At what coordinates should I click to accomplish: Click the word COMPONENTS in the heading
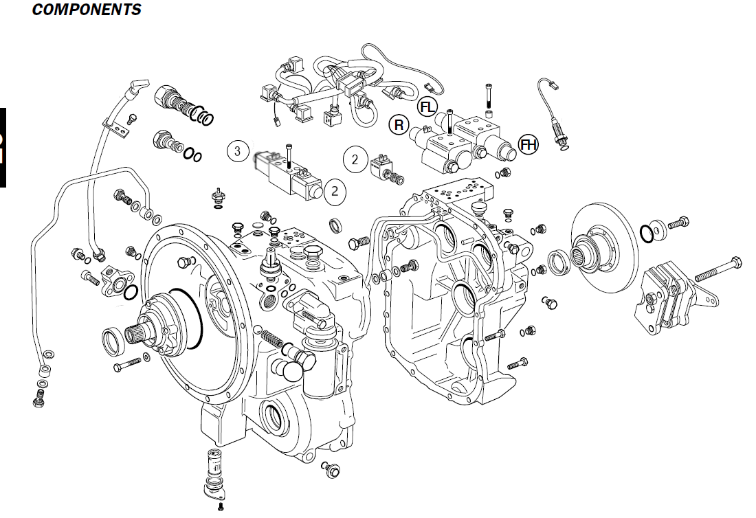click(87, 10)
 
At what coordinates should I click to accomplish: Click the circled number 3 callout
click(237, 151)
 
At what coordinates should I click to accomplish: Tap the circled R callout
click(399, 124)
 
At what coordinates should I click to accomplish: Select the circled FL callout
click(427, 106)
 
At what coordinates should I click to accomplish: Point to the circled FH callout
click(529, 144)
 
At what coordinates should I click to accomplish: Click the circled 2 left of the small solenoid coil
click(355, 159)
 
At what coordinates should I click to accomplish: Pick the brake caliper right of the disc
click(667, 296)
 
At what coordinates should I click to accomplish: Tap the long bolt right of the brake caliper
click(718, 269)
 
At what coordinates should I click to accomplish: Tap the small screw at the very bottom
click(220, 507)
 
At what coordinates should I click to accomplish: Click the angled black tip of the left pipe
click(136, 88)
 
